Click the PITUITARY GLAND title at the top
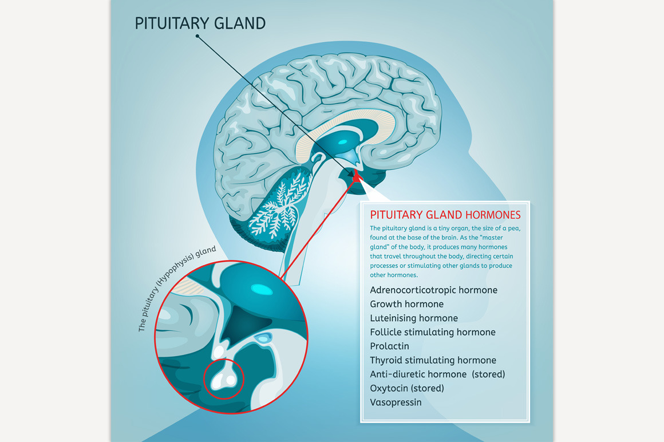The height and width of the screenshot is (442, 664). [x=200, y=23]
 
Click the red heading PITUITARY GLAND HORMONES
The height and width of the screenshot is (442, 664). [x=445, y=215]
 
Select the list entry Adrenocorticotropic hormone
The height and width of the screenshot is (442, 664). [x=433, y=290]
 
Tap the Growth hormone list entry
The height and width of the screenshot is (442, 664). [x=406, y=304]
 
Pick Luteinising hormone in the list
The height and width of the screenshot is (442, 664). [x=413, y=318]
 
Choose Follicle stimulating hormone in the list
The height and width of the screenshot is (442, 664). [x=432, y=332]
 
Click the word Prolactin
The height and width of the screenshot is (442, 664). [x=389, y=346]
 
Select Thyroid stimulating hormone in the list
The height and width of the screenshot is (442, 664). [x=433, y=360]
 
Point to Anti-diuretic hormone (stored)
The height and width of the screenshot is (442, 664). [x=437, y=374]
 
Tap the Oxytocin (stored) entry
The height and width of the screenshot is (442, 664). [x=406, y=388]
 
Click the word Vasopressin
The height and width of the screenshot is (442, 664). [x=396, y=402]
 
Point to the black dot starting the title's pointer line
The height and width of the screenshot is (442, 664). [x=197, y=36]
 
